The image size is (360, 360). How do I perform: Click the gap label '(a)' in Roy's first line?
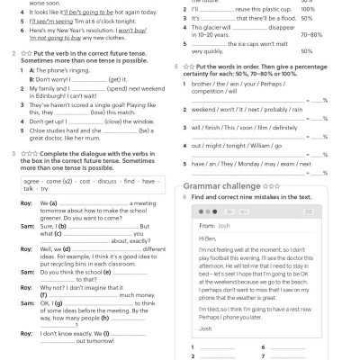(x=45, y=203)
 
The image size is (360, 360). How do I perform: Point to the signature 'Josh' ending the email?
(x=207, y=328)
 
